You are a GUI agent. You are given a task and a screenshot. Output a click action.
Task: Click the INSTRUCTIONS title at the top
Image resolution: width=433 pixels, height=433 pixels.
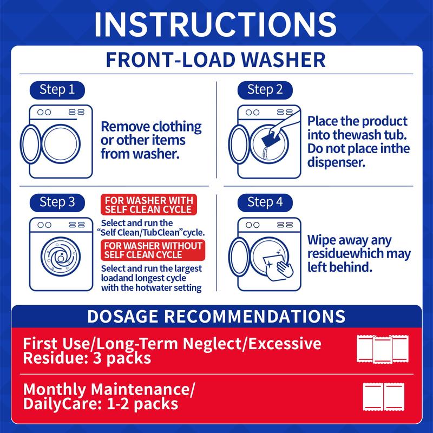215,24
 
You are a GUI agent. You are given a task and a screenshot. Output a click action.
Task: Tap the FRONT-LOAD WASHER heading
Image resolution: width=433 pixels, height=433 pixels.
215,60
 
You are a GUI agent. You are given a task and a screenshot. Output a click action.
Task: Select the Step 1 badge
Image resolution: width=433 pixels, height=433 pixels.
57,90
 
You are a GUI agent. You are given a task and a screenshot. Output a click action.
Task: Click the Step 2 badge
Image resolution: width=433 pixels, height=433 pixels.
265,90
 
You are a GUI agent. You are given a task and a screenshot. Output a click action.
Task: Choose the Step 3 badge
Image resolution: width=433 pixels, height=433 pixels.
57,202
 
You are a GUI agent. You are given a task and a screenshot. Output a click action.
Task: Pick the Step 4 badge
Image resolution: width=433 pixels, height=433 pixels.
265,202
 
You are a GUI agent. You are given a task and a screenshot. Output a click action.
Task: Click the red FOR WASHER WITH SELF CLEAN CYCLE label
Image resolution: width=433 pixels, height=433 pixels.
149,205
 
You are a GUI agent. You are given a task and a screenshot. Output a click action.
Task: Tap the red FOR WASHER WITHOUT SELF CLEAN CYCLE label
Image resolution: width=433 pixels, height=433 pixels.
153,250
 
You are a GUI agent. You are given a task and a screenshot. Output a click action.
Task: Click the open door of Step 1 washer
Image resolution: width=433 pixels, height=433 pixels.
31,144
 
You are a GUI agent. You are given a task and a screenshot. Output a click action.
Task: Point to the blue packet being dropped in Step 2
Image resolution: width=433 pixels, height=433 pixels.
270,140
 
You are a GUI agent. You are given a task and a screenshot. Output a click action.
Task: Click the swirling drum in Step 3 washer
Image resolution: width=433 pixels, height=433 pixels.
61,257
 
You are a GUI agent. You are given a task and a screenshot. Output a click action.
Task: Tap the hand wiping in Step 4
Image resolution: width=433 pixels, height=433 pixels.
285,268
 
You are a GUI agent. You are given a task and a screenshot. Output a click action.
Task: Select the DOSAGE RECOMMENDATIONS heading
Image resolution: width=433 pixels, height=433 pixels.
216,316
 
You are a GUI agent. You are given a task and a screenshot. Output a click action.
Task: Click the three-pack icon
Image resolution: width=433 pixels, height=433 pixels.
383,349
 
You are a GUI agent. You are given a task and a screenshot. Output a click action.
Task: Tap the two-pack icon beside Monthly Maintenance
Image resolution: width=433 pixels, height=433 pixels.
384,397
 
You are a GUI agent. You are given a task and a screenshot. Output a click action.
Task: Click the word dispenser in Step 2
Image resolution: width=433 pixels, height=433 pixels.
336,162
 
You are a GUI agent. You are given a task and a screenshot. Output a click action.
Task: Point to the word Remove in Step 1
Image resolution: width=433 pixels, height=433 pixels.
126,127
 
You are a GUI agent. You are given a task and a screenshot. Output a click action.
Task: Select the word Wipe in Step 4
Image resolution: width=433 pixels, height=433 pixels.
322,240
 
